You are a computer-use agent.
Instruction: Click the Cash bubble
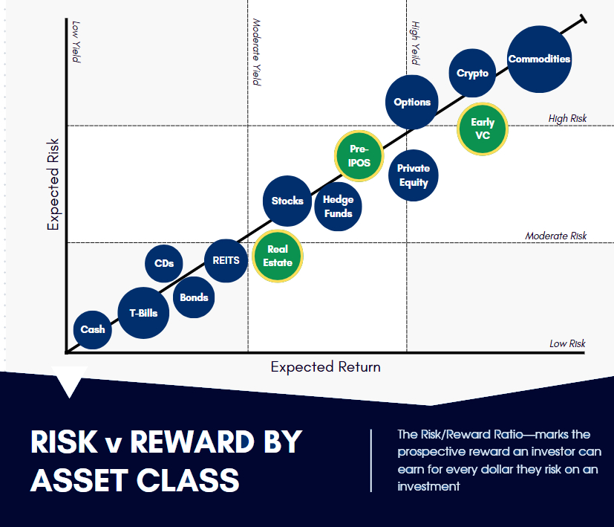pos(92,330)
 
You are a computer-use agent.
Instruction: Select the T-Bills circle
pos(143,313)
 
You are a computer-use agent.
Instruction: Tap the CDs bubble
pos(163,263)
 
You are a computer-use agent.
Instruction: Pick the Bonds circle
pos(194,297)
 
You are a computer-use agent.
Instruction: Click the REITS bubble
pos(226,261)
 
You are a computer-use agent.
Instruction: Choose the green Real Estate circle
pos(278,256)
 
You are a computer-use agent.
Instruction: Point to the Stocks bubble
pos(287,201)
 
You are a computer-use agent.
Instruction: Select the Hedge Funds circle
pos(338,206)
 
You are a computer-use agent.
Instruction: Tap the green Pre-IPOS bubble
pos(359,155)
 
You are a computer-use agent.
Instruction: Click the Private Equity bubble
pos(414,175)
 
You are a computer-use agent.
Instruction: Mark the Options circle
pos(412,102)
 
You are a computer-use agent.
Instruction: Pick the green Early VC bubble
pos(483,129)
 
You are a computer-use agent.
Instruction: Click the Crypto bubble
pos(472,73)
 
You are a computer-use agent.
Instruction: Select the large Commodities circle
pos(539,59)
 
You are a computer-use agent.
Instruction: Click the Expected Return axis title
pos(325,367)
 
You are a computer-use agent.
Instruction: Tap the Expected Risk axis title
pos(53,184)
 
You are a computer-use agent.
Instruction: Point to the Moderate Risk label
pos(555,236)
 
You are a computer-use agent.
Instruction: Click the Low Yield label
pos(76,42)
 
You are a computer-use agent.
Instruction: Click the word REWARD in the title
pos(192,442)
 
